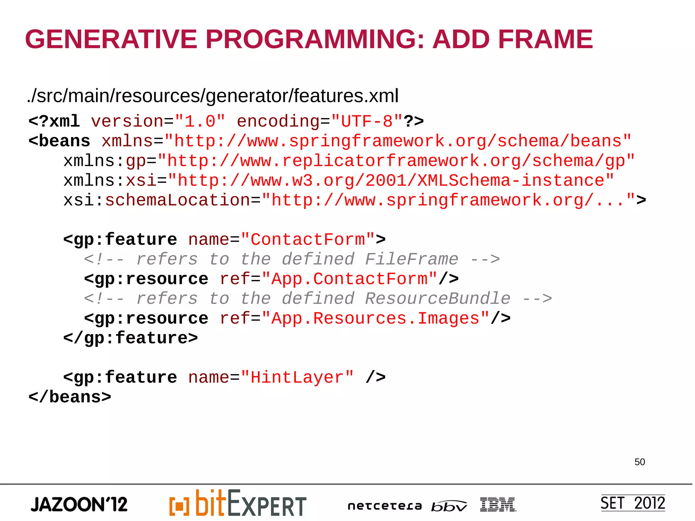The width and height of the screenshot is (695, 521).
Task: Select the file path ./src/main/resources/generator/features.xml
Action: (212, 96)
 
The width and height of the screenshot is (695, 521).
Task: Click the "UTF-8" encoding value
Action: (367, 121)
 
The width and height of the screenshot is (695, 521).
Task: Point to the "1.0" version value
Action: (200, 121)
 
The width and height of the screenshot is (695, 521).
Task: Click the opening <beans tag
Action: (59, 141)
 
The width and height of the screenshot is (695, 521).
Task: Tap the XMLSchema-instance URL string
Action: (391, 180)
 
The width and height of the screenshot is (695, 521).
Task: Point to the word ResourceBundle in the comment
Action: (438, 298)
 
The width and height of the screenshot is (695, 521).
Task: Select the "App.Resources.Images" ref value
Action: (375, 318)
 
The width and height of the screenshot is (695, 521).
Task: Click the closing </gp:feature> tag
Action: (131, 338)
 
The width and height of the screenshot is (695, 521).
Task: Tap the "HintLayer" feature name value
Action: (297, 377)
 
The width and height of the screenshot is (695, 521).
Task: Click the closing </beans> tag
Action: (70, 397)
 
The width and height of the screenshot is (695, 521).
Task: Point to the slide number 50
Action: (640, 462)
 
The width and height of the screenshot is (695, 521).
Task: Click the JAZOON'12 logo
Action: (79, 504)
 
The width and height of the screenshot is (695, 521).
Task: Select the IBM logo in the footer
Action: (498, 505)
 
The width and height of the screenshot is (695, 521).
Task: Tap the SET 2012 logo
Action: (633, 503)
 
